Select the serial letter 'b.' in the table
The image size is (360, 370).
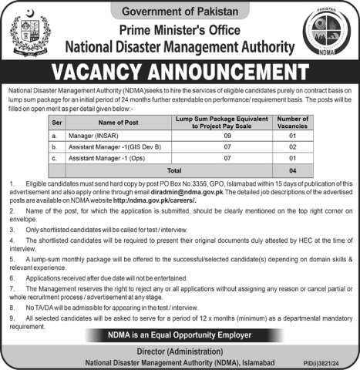[x=54, y=147]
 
